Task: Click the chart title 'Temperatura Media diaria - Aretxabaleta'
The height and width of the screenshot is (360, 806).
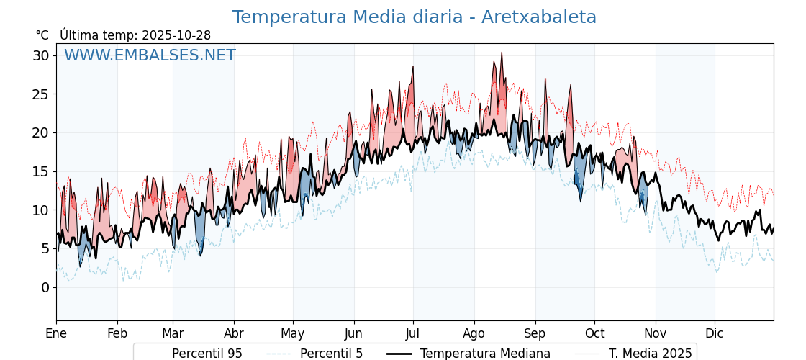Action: (414, 17)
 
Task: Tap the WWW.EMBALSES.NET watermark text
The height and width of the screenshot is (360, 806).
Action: (150, 55)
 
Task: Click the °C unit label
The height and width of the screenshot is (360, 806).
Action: (42, 35)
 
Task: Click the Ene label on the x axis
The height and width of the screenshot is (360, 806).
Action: (56, 333)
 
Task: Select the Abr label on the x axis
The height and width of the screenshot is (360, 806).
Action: (234, 333)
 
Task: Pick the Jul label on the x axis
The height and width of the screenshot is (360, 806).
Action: (413, 333)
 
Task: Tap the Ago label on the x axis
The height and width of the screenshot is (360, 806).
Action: (474, 333)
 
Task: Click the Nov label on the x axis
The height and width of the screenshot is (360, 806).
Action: (655, 333)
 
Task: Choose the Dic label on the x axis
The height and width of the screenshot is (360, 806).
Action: (715, 333)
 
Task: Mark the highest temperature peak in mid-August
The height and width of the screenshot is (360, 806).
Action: (502, 53)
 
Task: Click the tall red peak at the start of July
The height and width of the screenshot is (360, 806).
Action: (413, 66)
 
